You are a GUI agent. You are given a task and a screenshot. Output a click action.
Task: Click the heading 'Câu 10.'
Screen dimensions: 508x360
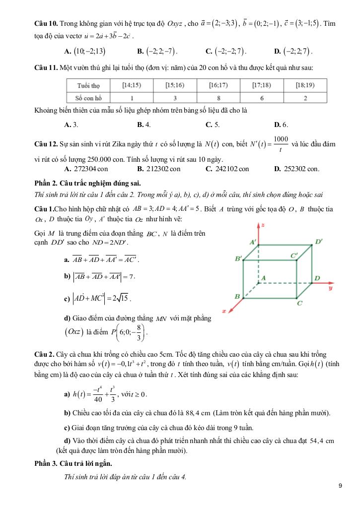pos(46,24)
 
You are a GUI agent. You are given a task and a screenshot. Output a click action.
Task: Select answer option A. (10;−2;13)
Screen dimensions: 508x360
pos(85,51)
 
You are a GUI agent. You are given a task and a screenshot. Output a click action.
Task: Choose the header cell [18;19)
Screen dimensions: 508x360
pos(304,85)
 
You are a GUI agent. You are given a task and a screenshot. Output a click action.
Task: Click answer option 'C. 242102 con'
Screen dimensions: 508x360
pos(227,169)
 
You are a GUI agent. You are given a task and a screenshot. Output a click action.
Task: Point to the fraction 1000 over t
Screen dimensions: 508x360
pos(281,145)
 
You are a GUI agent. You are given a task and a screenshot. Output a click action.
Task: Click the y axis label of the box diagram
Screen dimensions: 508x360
pos(330,287)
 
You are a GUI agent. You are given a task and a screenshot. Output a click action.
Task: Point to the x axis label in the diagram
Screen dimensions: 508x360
pos(224,311)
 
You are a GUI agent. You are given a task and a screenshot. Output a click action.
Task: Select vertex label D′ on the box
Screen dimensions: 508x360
pos(318,242)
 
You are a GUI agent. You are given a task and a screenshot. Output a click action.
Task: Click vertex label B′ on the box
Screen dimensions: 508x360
pos(238,258)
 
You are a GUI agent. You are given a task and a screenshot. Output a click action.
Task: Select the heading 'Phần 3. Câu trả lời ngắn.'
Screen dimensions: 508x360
pos(73,463)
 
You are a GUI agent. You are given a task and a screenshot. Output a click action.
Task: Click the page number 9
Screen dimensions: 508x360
pos(340,486)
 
